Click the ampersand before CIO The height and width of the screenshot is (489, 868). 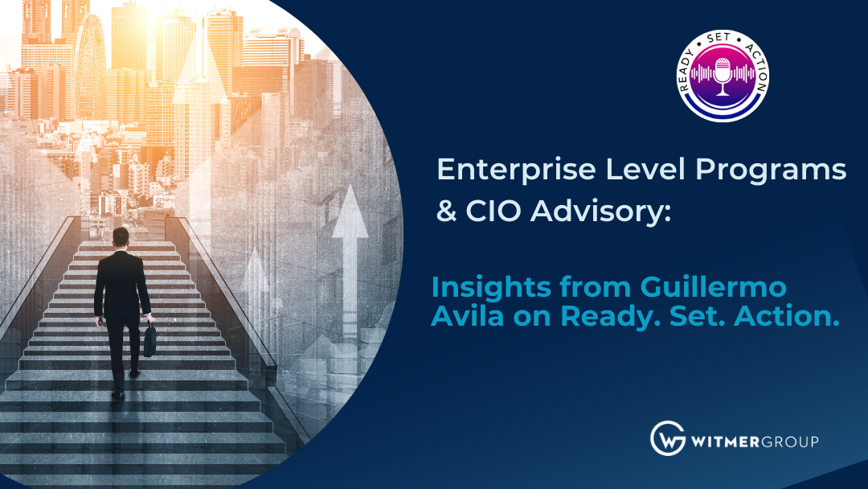click(x=446, y=211)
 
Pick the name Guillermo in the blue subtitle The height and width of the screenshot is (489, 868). click(x=714, y=287)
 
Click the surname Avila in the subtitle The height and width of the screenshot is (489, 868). click(x=467, y=316)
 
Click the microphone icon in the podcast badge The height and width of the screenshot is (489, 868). click(x=723, y=76)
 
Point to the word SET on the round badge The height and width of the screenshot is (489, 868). click(x=719, y=39)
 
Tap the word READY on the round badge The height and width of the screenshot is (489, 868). click(x=688, y=70)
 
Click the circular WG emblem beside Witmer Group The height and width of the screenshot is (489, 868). click(x=668, y=438)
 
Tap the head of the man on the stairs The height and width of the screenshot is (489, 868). click(x=121, y=237)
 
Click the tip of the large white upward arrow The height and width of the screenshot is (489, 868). click(x=350, y=185)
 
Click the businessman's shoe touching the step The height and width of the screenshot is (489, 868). click(x=118, y=395)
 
